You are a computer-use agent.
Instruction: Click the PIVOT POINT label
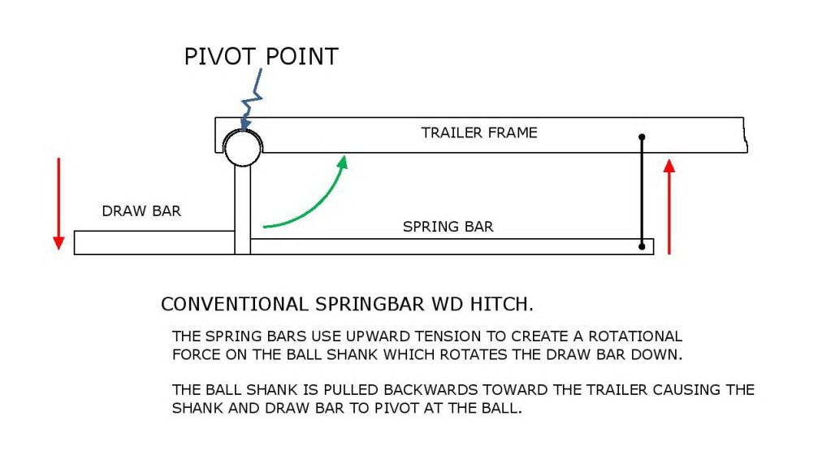click(261, 57)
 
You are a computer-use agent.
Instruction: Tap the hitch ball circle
click(242, 148)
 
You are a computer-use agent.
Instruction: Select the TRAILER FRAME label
click(479, 132)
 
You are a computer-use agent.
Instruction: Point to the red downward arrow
click(58, 204)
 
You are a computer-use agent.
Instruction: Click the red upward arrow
click(669, 207)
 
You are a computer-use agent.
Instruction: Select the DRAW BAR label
click(141, 211)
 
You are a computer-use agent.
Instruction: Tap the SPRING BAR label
click(448, 227)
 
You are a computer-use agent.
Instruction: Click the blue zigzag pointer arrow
click(251, 100)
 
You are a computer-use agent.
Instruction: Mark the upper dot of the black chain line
click(642, 137)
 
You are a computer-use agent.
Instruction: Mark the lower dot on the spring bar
click(642, 246)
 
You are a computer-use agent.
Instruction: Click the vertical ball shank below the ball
click(242, 210)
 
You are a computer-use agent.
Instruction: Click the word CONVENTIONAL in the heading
click(234, 305)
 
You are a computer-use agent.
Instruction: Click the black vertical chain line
click(642, 192)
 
